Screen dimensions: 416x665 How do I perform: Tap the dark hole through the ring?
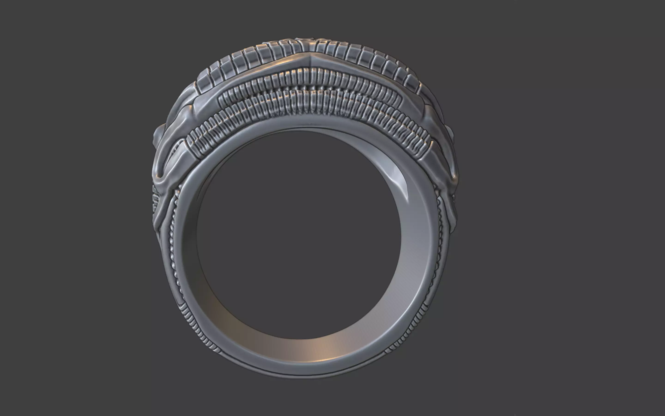pyautogui.click(x=298, y=234)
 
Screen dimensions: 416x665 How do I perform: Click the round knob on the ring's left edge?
pyautogui.click(x=158, y=135)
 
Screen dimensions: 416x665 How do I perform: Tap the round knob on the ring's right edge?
pyautogui.click(x=451, y=135)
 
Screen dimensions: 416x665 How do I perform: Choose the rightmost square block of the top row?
pyautogui.click(x=412, y=83)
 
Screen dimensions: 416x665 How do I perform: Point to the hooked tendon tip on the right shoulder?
pyautogui.click(x=453, y=176)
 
